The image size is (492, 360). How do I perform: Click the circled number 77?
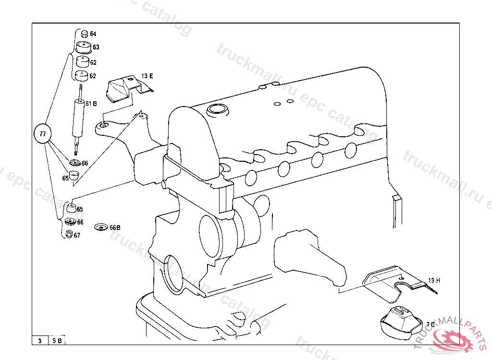tap(43, 134)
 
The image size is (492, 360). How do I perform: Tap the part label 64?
tap(93, 34)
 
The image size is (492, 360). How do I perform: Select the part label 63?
tap(96, 47)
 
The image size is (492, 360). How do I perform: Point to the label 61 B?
tap(91, 103)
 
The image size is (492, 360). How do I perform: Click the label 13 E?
tap(147, 76)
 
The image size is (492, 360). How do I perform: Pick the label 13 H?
tap(434, 280)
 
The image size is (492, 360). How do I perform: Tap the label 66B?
tap(115, 228)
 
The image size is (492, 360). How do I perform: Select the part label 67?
tap(77, 236)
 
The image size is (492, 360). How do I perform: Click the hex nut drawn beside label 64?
tap(84, 34)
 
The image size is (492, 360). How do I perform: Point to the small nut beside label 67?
tap(69, 235)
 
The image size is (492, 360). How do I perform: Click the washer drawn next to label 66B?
tap(101, 227)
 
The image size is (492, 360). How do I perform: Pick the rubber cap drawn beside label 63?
tap(85, 48)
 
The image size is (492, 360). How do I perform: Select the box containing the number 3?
tap(39, 341)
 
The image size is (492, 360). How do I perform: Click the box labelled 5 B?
tap(57, 341)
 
